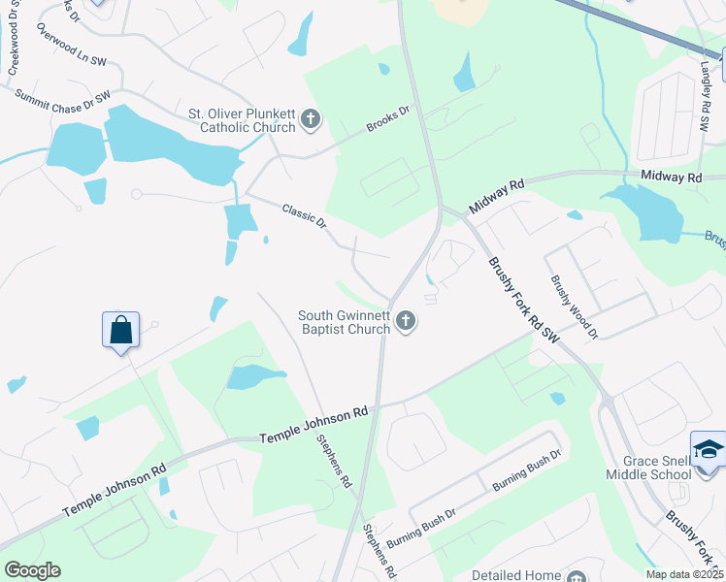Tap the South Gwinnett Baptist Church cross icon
(406, 321)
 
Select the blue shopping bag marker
(121, 330)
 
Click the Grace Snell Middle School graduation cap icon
(708, 449)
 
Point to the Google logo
(32, 570)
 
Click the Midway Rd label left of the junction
(496, 196)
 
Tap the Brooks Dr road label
(387, 119)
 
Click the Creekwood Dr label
(14, 44)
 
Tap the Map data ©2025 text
(683, 574)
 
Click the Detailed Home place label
(517, 575)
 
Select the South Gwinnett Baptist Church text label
(344, 322)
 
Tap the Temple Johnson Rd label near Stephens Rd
(313, 427)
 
